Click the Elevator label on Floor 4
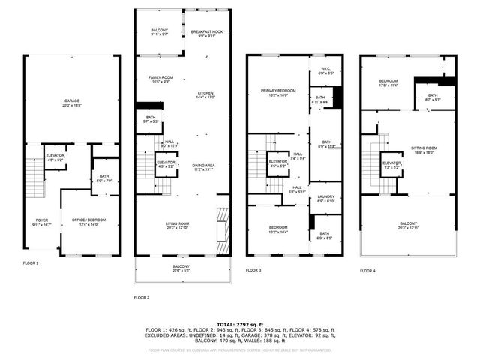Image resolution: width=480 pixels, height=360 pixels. [391, 164]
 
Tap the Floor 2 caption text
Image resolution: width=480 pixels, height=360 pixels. [142, 298]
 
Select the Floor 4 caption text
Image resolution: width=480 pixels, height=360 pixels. [367, 271]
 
